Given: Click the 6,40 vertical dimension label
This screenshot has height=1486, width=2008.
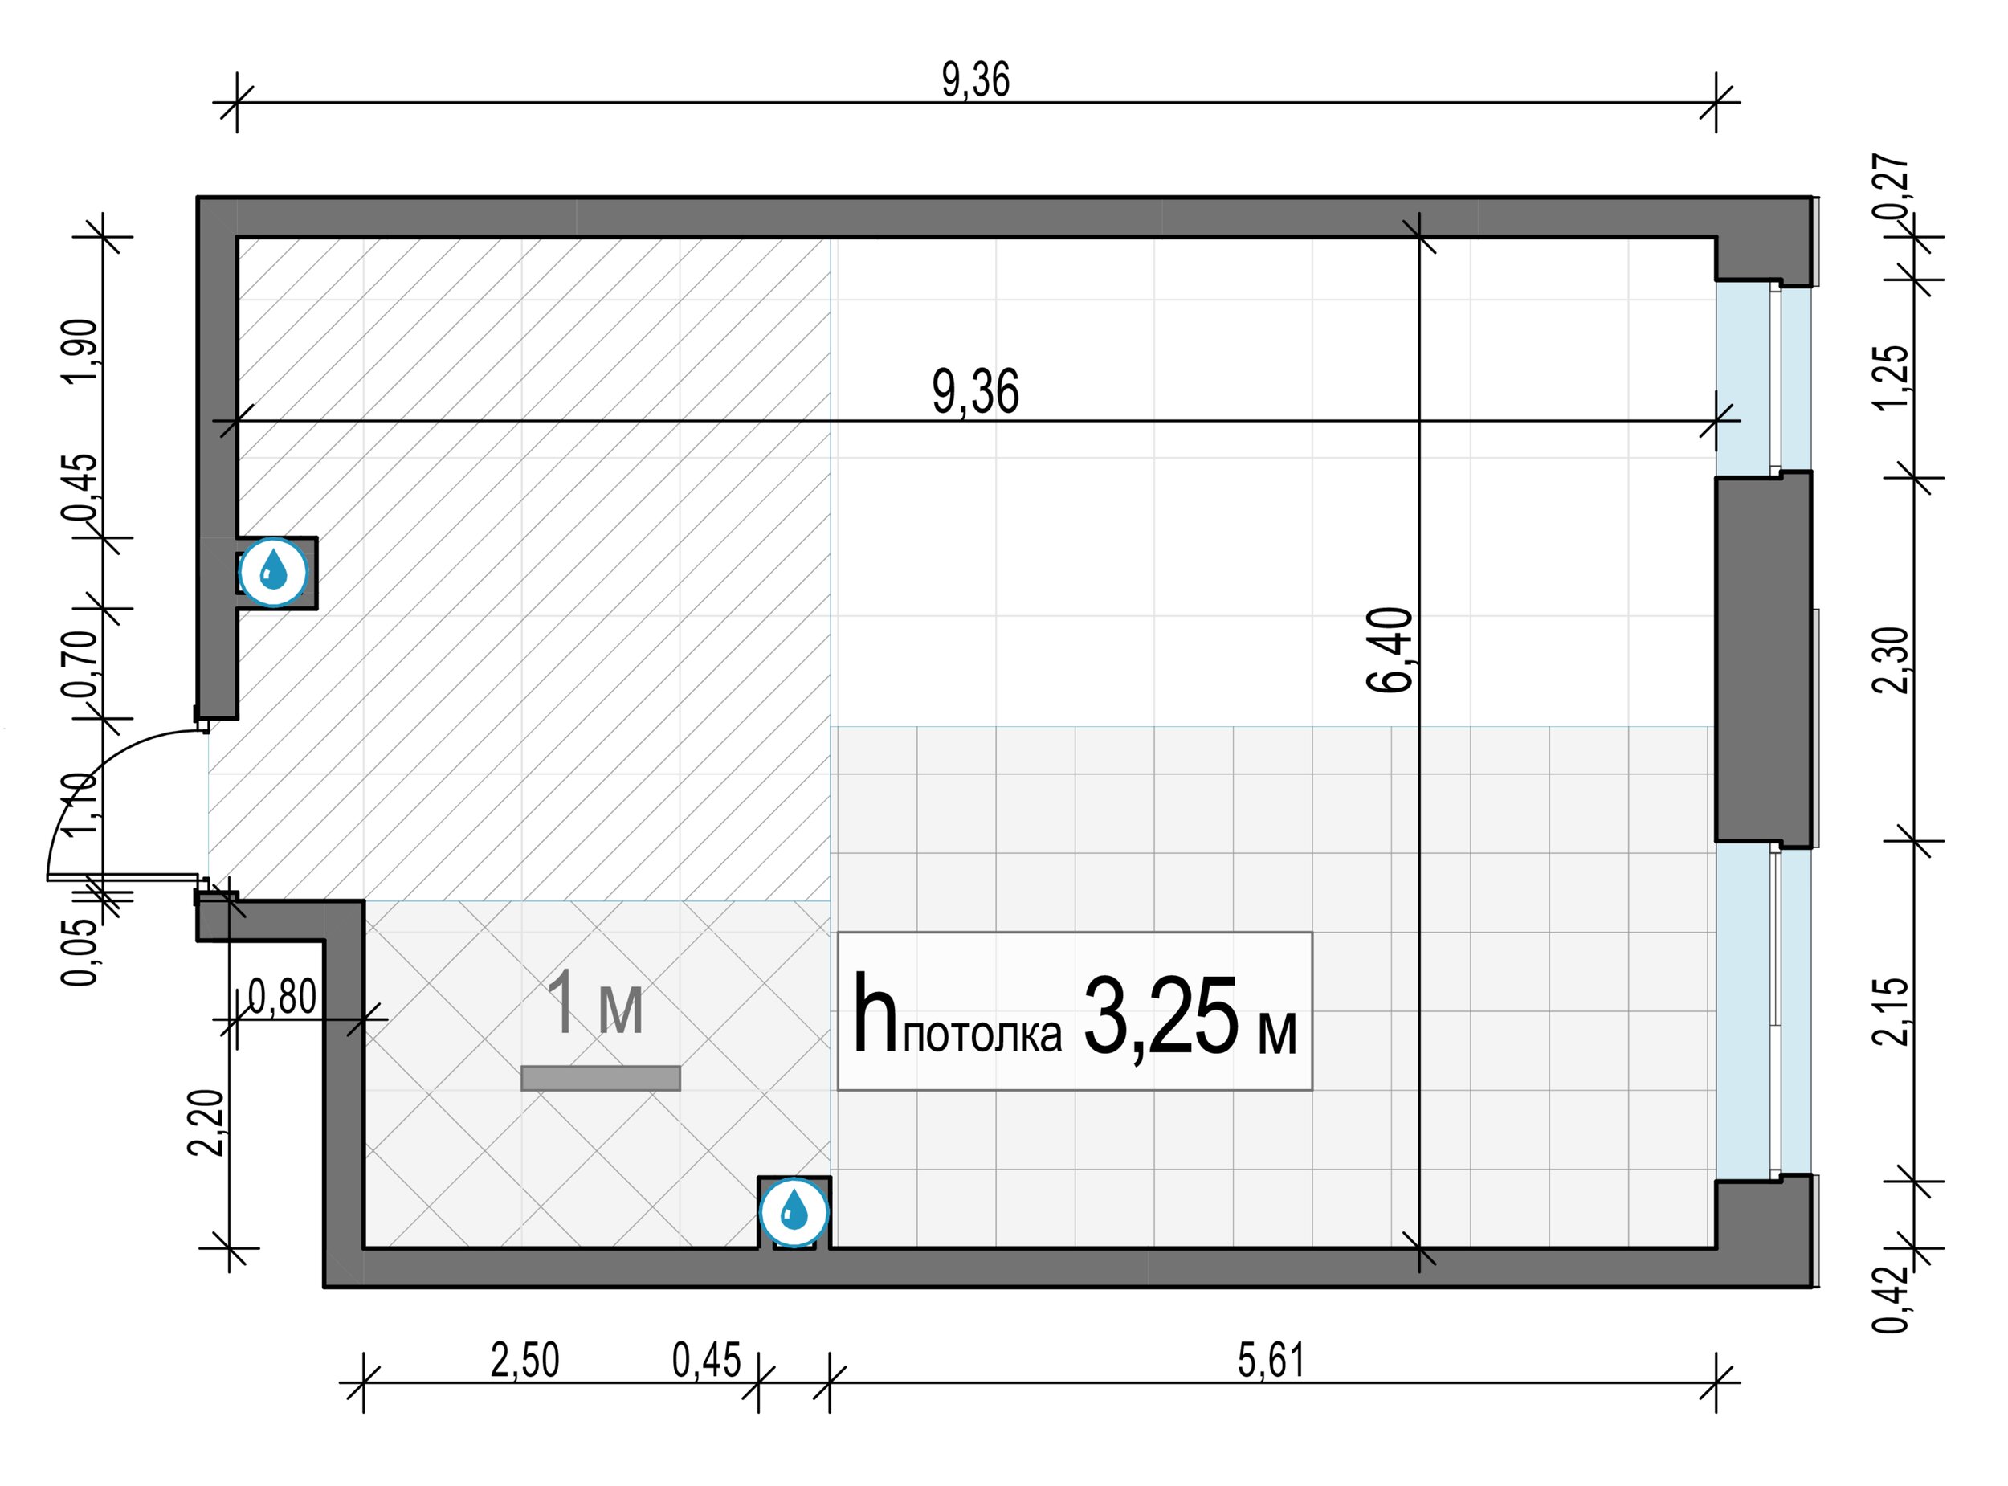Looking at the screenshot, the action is (1390, 650).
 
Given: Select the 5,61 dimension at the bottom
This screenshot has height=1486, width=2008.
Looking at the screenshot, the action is (1271, 1360).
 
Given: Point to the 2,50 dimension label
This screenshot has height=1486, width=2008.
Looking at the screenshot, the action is (525, 1360).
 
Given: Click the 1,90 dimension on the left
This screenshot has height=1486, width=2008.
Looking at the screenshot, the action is (82, 351).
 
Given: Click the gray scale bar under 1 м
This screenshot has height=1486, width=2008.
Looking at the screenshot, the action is (601, 1079).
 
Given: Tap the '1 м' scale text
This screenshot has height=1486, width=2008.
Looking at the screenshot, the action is (595, 1004).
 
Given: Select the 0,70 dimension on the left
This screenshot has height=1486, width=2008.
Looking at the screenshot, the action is (82, 665).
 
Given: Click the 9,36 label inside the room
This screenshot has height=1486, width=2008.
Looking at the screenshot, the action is (976, 393).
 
